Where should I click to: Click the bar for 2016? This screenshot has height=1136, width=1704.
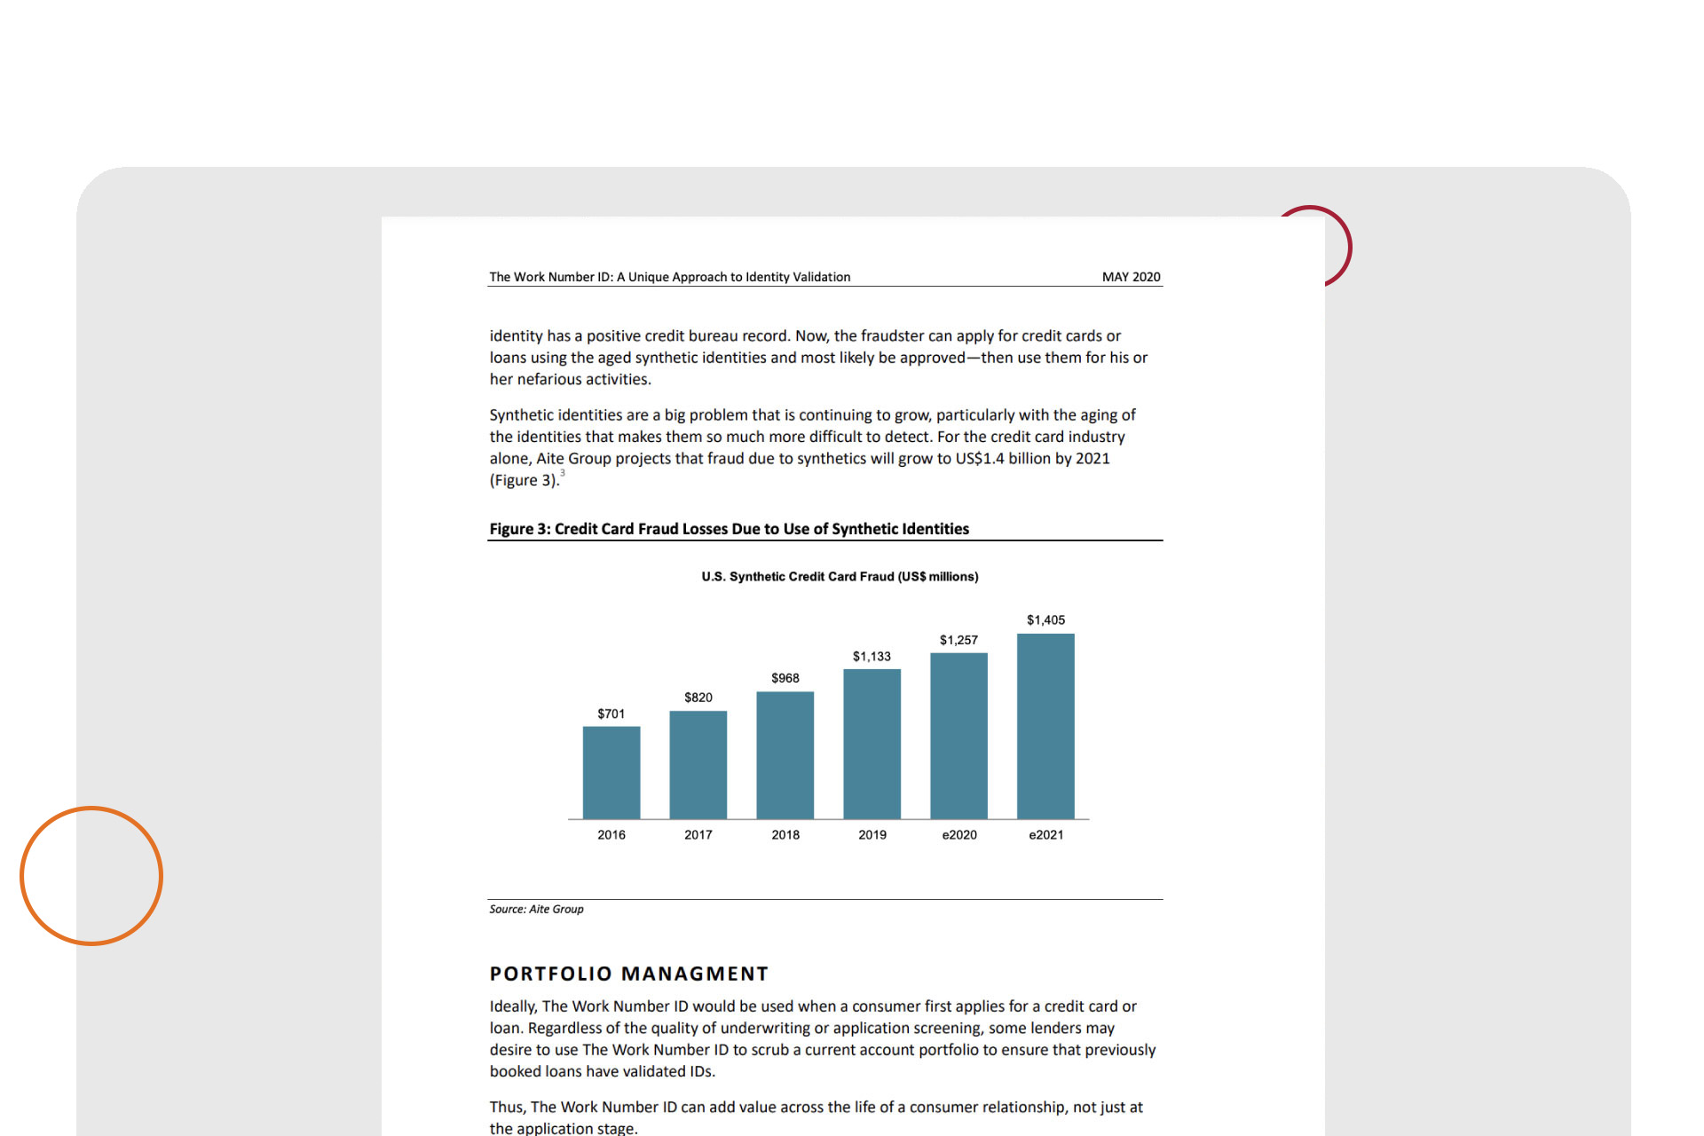tap(611, 772)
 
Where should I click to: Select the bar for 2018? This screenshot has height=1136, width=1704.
tap(785, 754)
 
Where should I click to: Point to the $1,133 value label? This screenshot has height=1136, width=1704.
tap(872, 657)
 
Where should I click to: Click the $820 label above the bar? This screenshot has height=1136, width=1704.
tap(698, 698)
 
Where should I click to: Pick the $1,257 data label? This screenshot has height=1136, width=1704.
tap(958, 640)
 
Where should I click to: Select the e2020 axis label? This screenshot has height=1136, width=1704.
tap(959, 835)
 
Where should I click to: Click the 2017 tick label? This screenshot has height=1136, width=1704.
tap(698, 835)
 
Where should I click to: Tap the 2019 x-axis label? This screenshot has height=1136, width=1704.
tap(872, 835)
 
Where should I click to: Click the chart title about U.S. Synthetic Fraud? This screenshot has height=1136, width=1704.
tap(840, 577)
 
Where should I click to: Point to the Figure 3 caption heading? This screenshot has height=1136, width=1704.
tap(729, 529)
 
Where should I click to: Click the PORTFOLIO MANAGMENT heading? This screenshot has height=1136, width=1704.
tap(628, 974)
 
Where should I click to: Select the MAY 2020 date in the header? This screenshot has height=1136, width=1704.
tap(1131, 277)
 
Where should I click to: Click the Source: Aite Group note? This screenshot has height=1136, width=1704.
tap(536, 909)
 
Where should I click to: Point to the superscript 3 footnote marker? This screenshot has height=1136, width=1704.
tap(563, 473)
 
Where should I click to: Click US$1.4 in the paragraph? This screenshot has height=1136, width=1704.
tap(980, 459)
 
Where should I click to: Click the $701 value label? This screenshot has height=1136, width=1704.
tap(611, 714)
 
